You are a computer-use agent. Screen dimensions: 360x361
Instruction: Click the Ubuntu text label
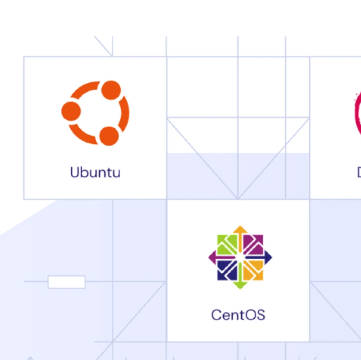(x=95, y=172)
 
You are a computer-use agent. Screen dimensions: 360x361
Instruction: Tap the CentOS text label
(x=238, y=315)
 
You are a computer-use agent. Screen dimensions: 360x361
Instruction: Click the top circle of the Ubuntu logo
(x=111, y=90)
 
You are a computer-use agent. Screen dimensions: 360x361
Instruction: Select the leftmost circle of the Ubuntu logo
(x=71, y=111)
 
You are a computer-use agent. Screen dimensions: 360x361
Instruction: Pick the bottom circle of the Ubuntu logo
(x=109, y=136)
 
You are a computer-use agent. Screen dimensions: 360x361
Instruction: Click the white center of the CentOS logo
(x=240, y=257)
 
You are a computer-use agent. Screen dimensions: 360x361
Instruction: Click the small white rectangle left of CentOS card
(x=66, y=282)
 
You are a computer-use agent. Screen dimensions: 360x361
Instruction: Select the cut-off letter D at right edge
(x=359, y=172)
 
